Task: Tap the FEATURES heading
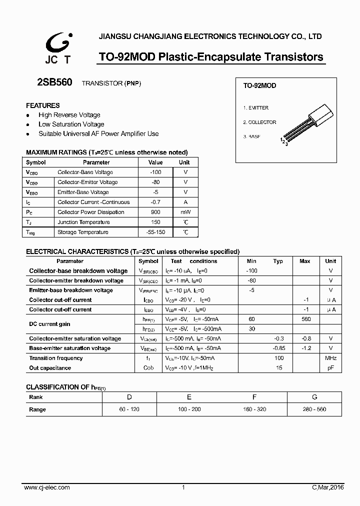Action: click(43, 105)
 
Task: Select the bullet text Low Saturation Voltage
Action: click(71, 124)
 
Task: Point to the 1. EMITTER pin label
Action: click(256, 108)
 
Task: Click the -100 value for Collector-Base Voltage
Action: click(155, 172)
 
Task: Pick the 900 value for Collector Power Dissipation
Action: click(155, 212)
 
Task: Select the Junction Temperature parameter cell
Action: click(83, 222)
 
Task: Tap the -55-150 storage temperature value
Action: click(155, 232)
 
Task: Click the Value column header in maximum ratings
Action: click(155, 162)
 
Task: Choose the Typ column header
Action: click(278, 261)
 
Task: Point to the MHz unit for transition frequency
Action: click(330, 358)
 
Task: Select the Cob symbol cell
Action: click(148, 368)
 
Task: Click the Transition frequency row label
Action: click(56, 358)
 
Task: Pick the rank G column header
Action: click(314, 397)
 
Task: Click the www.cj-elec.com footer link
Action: click(47, 487)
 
